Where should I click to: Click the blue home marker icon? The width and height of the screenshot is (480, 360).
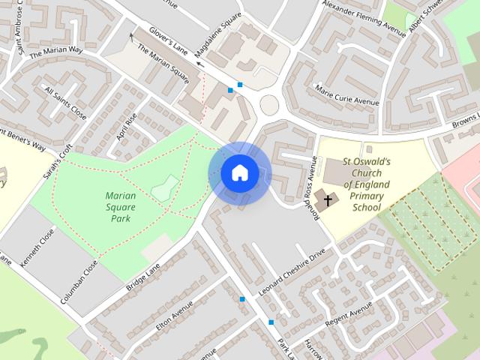coord(239,173)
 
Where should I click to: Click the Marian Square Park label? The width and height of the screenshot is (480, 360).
coord(121,207)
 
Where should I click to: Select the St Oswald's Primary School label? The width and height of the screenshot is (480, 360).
coord(366,184)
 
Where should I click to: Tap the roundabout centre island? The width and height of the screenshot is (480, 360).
coord(268,106)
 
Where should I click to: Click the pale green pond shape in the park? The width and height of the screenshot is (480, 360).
coord(166,187)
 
